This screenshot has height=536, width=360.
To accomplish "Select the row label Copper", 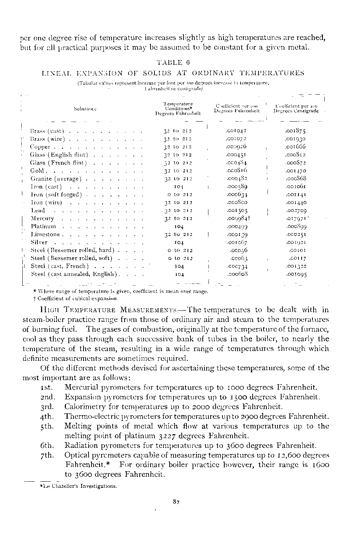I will point(40,147).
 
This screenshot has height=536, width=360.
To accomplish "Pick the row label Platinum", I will point(44,226).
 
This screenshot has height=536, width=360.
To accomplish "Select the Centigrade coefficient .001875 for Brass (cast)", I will point(295,131).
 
